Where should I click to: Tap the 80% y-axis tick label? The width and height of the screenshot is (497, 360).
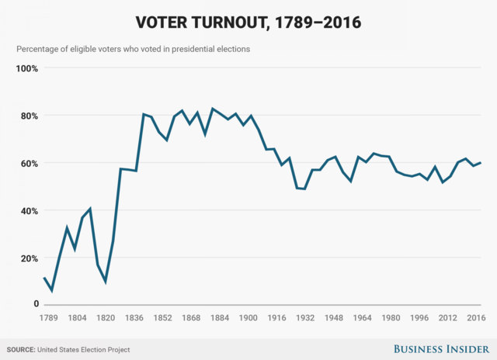(30, 116)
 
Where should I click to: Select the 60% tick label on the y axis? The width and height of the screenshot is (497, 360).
(30, 163)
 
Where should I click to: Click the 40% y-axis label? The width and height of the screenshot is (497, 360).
(30, 210)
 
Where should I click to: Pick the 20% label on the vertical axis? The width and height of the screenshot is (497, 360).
(30, 258)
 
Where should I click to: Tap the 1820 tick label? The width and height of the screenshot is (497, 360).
(106, 317)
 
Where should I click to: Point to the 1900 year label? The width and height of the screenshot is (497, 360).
(248, 317)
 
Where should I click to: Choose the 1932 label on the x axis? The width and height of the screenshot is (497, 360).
(305, 317)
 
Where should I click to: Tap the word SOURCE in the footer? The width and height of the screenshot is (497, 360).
(22, 350)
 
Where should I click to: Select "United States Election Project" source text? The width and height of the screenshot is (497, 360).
(85, 350)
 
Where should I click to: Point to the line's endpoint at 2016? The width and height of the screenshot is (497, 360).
(481, 162)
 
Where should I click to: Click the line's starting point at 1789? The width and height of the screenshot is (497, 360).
(44, 277)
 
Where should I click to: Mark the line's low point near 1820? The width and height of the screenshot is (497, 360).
(106, 282)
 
